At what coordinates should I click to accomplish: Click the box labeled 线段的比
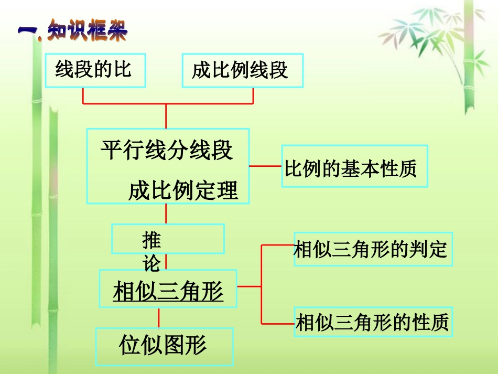(x=95, y=70)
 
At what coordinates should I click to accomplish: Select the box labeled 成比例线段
(x=242, y=70)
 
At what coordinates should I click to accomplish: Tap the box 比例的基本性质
(x=354, y=166)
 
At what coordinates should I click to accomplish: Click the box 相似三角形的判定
(x=372, y=249)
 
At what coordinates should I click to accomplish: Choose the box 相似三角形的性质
(x=373, y=322)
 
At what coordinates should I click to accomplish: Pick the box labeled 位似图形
(x=164, y=346)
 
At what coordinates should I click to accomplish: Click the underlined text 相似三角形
(x=168, y=290)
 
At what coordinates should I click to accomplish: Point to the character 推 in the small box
(x=152, y=241)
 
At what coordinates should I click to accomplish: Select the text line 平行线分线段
(x=167, y=150)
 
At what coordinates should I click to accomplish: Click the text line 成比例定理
(x=183, y=190)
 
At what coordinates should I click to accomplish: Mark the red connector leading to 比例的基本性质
(x=265, y=166)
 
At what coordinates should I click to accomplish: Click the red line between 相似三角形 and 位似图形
(x=159, y=318)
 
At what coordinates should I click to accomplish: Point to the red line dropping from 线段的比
(x=83, y=95)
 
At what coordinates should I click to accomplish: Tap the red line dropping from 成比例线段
(x=254, y=95)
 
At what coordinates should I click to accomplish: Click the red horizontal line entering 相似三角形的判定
(x=277, y=244)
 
